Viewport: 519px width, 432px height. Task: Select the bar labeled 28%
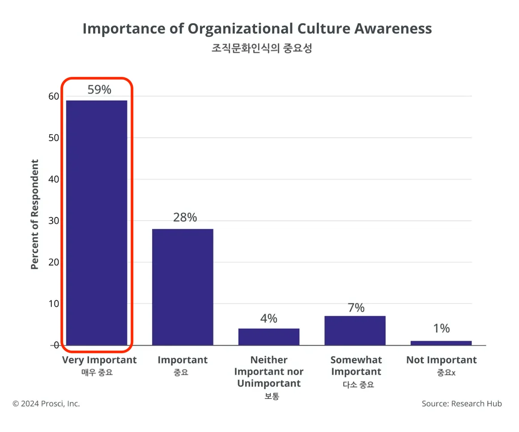coord(183,287)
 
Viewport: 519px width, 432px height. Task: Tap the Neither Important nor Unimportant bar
coord(268,337)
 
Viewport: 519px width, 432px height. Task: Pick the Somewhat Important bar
coord(355,330)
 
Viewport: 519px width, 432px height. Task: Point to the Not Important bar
coord(441,343)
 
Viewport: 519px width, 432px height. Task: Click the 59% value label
coord(99,89)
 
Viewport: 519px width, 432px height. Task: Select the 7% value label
coord(356,308)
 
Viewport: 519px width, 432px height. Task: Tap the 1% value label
coord(441,328)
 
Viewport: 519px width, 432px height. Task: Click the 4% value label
coord(268,318)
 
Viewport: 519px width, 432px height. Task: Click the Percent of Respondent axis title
coord(35,214)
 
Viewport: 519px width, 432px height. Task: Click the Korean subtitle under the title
coord(261,48)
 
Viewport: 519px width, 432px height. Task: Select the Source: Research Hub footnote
coord(461,403)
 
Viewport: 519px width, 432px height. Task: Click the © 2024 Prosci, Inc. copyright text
coord(46,403)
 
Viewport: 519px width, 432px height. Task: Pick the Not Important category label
coord(441,360)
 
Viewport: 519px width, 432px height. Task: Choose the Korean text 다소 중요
coord(356,384)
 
